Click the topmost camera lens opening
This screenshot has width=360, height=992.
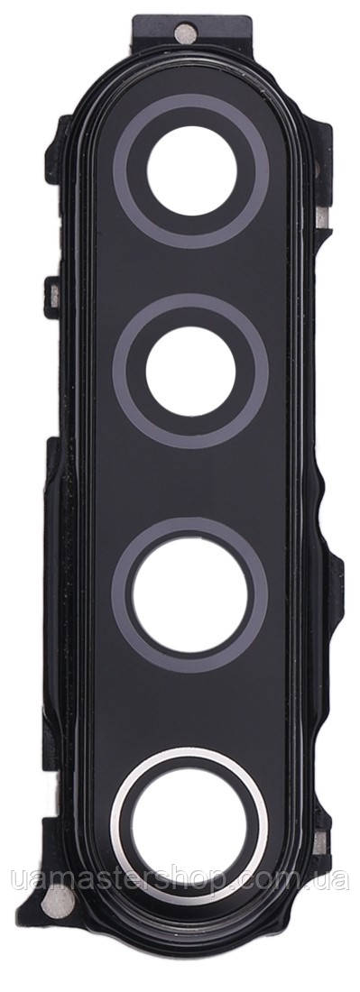click(190, 169)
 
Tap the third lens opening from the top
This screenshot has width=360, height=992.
click(196, 592)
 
